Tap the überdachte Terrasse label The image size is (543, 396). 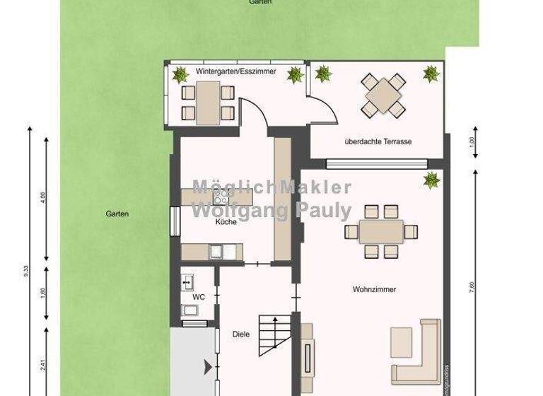pyautogui.click(x=378, y=141)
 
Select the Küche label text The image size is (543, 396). pyautogui.click(x=226, y=222)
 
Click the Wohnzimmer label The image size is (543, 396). pyautogui.click(x=373, y=289)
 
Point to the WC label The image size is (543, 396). pyautogui.click(x=199, y=297)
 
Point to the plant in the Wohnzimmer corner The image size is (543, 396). pyautogui.click(x=429, y=180)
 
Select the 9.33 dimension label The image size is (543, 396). pyautogui.click(x=27, y=271)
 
